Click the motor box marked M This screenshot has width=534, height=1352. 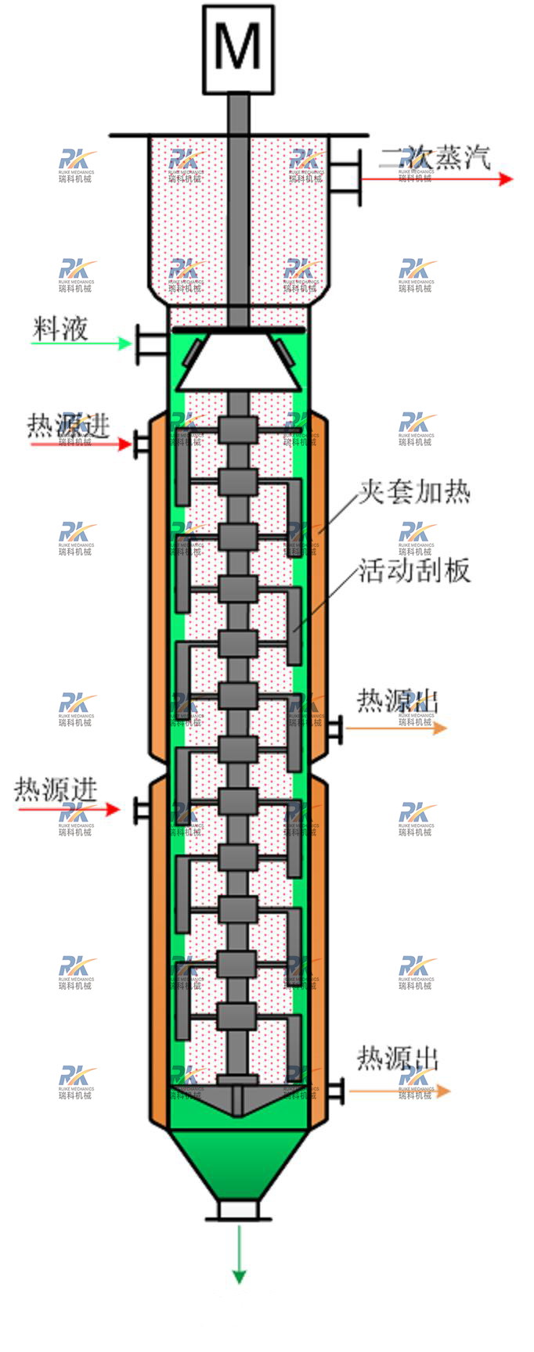click(239, 49)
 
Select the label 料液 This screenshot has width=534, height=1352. click(60, 329)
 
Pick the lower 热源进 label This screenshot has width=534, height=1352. click(56, 789)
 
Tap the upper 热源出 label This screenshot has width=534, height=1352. click(397, 701)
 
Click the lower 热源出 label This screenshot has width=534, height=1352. click(398, 1059)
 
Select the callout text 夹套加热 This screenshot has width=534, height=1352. click(414, 492)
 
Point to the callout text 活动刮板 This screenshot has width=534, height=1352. click(414, 570)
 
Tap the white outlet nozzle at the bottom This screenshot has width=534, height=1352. click(239, 1210)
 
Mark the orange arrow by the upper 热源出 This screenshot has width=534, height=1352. click(396, 728)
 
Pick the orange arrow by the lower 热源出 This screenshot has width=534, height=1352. click(399, 1091)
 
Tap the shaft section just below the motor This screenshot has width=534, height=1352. click(239, 113)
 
